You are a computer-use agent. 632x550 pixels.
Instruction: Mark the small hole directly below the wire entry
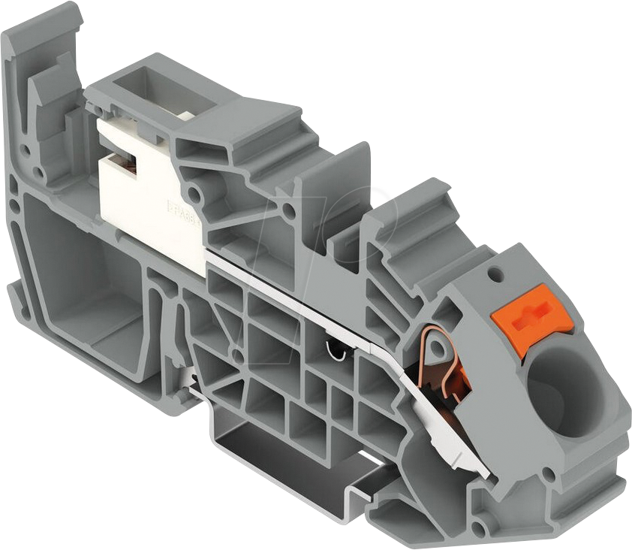pyautogui.click(x=549, y=474)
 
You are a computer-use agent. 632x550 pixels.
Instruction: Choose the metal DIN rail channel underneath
pyautogui.click(x=300, y=458)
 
